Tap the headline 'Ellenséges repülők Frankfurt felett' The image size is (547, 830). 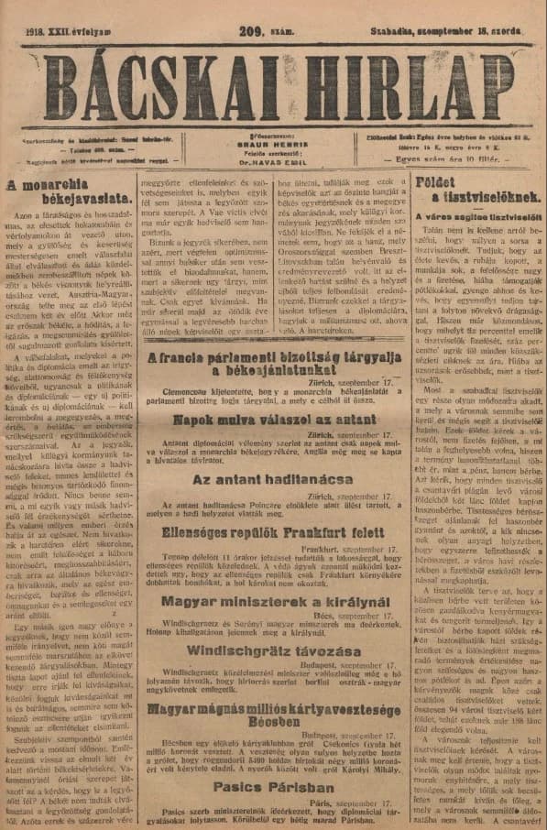[268, 531]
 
